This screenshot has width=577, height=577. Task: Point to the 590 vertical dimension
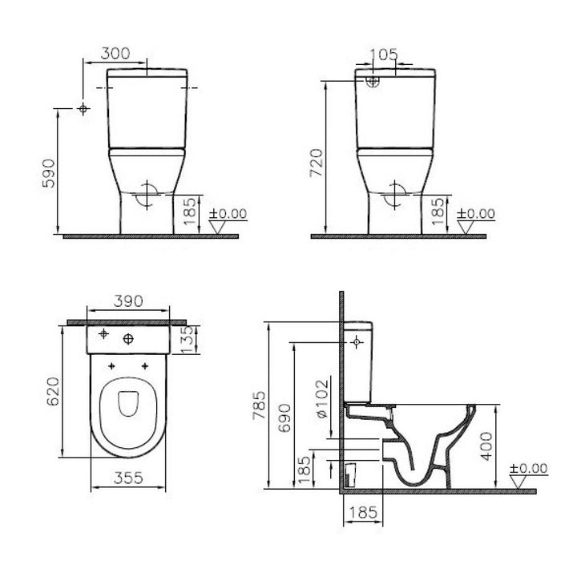(49, 172)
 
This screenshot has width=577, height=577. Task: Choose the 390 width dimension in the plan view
(127, 301)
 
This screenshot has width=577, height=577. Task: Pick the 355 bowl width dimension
(127, 478)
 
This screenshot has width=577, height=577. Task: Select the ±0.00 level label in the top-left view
(229, 214)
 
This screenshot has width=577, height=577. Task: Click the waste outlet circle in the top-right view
(395, 192)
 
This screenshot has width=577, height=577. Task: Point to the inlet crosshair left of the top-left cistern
(83, 109)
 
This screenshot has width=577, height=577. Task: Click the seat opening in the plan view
(127, 406)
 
